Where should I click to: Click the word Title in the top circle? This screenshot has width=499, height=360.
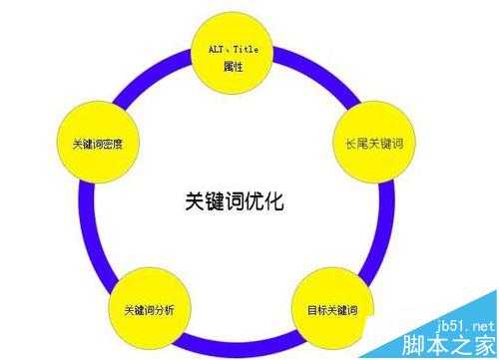tap(247, 48)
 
